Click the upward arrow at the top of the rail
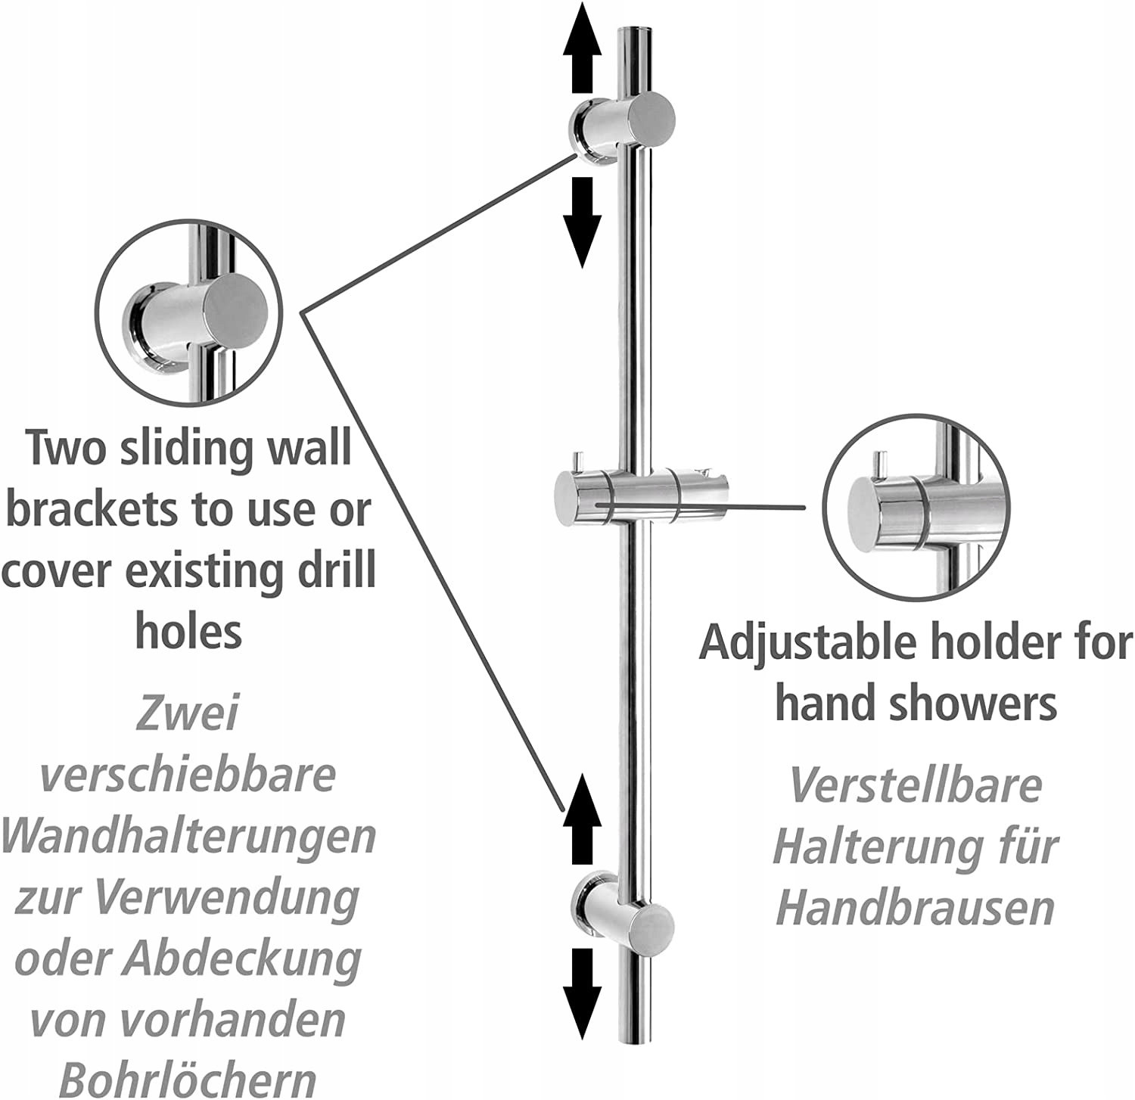(582, 39)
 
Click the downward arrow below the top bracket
(582, 222)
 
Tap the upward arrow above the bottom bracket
(582, 819)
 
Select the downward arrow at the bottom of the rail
(582, 994)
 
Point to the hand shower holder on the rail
(641, 496)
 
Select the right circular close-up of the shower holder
(916, 508)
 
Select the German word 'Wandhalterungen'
(188, 837)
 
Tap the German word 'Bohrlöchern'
(188, 1079)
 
